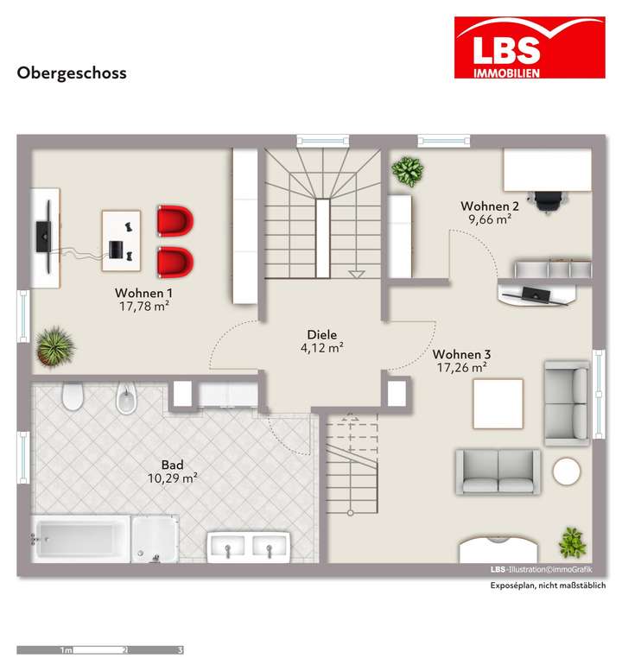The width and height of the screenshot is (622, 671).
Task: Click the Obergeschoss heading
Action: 72,73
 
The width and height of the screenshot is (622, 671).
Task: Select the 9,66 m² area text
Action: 490,219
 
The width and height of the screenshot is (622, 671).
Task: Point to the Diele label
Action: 321,335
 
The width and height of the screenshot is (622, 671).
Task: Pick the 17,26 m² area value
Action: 462,368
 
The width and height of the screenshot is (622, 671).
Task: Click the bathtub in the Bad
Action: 80,538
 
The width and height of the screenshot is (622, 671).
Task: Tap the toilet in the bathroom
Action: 72,397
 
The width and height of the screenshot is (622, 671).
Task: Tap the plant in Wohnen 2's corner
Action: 407,170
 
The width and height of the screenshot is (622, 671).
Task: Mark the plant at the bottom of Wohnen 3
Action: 572,543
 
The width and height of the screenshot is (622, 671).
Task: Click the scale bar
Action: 100,649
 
